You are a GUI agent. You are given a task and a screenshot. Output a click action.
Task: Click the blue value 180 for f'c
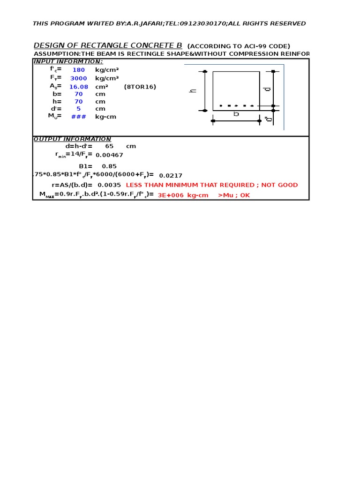click(x=78, y=70)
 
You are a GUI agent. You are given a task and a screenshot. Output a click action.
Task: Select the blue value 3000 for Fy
click(x=78, y=78)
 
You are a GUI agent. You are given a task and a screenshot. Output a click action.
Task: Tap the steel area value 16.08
click(x=78, y=87)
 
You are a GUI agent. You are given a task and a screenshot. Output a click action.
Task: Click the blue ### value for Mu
click(x=78, y=117)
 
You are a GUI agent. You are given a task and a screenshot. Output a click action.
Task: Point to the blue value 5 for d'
click(x=78, y=109)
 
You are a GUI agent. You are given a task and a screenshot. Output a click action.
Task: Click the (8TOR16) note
click(x=140, y=87)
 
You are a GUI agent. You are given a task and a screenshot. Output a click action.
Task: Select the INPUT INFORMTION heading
click(x=68, y=61)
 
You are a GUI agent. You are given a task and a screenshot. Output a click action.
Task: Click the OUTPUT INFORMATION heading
click(x=72, y=139)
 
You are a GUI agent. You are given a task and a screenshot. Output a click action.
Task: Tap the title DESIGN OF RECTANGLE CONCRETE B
click(x=108, y=45)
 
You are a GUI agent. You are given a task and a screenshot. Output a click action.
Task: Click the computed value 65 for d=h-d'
click(x=109, y=146)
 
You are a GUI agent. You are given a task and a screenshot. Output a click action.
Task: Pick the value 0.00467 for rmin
click(x=110, y=155)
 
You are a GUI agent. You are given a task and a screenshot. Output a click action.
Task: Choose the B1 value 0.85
click(x=109, y=166)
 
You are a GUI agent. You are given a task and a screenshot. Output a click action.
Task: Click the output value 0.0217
click(x=171, y=175)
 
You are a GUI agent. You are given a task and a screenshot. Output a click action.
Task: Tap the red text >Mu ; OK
click(x=234, y=195)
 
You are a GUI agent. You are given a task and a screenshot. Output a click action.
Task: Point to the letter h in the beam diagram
click(x=193, y=90)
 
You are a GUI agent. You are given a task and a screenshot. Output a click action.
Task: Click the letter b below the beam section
click(x=236, y=114)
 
